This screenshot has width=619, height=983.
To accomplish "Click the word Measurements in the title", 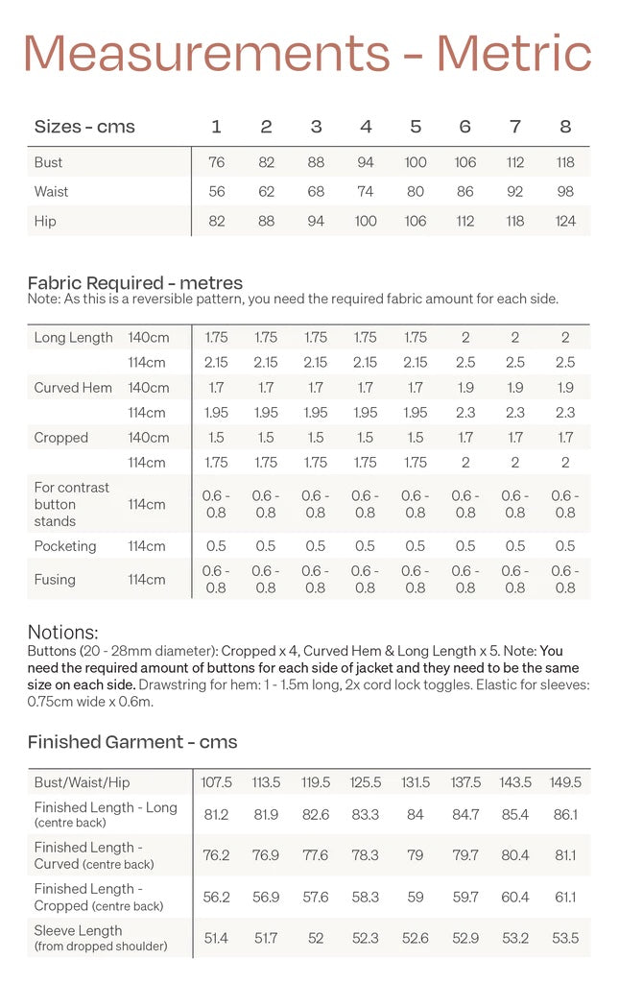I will [x=206, y=53].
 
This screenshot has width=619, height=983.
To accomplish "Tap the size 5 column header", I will [x=416, y=127].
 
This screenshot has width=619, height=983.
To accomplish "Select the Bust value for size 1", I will [x=216, y=162].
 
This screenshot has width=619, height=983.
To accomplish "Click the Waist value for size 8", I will [x=565, y=192].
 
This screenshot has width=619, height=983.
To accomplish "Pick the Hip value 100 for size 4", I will [x=366, y=221].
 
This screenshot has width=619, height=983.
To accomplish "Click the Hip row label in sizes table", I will [x=45, y=221].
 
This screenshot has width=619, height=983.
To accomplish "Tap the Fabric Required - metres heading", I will [x=135, y=283].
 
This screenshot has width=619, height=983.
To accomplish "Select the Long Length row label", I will [x=73, y=338].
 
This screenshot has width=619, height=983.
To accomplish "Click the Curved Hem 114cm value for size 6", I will [x=465, y=413].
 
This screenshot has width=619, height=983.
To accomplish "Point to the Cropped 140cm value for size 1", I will [x=216, y=438].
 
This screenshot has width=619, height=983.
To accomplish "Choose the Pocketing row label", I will [x=65, y=546].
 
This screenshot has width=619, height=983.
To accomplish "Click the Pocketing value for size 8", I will [x=565, y=546].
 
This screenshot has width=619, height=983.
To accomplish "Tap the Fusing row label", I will [x=55, y=580].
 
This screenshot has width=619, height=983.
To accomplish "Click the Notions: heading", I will [x=63, y=633].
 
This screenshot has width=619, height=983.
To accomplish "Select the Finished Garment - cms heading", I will [x=132, y=742].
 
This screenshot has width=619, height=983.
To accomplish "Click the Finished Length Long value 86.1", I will [x=565, y=814].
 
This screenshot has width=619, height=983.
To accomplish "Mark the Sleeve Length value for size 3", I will [x=316, y=938].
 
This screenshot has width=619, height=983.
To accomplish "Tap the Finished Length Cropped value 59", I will [x=416, y=897].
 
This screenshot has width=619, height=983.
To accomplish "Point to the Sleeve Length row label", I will [x=79, y=931].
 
